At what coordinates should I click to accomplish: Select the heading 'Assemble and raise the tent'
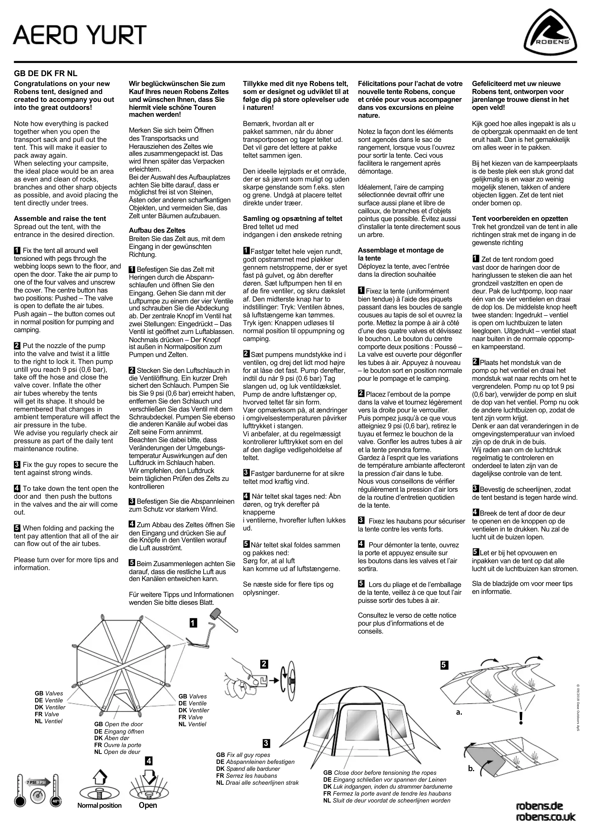pyautogui.click(x=60, y=219)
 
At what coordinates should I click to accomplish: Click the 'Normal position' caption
pyautogui.click(x=99, y=806)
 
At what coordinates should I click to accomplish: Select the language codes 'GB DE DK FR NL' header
pyautogui.click(x=45, y=73)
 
